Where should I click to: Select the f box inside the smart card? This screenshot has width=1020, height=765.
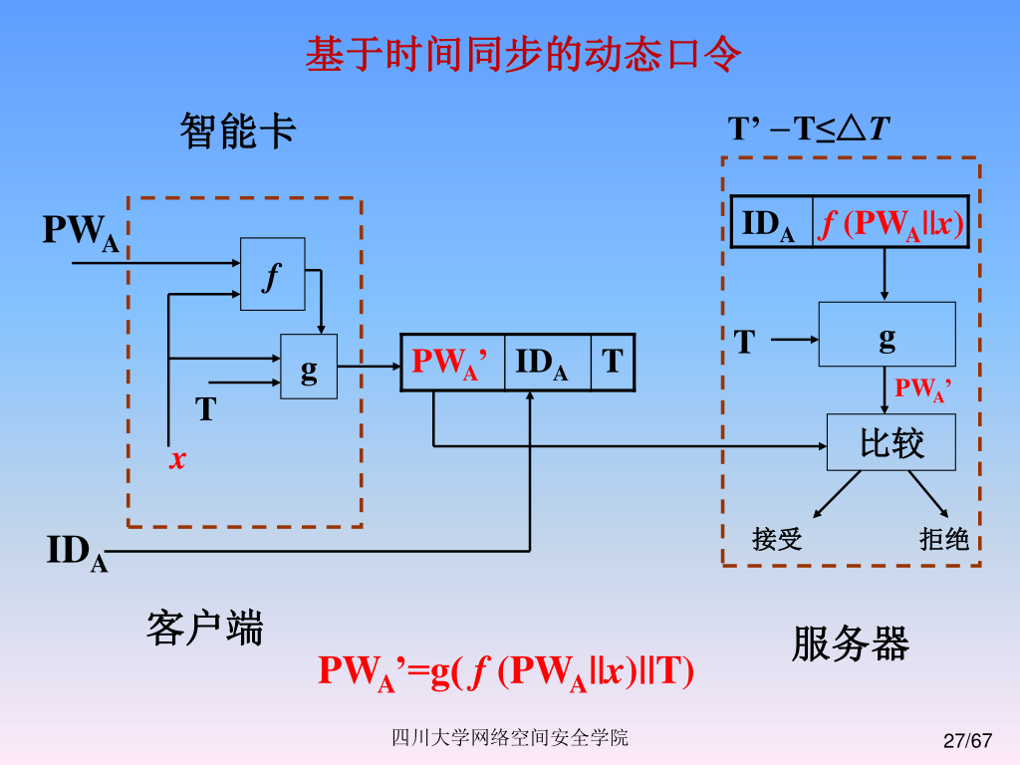pyautogui.click(x=273, y=274)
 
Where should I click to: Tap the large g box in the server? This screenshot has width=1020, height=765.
pyautogui.click(x=887, y=335)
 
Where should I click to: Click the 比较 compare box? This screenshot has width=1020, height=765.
pyautogui.click(x=891, y=442)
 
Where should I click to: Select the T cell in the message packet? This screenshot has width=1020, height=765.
pyautogui.click(x=613, y=362)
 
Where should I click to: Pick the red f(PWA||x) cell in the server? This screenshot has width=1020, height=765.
pyautogui.click(x=891, y=222)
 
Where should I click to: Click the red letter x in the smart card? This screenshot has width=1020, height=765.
pyautogui.click(x=177, y=459)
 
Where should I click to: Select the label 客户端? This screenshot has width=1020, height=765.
pyautogui.click(x=204, y=629)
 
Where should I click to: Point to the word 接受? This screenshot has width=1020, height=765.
pyautogui.click(x=777, y=540)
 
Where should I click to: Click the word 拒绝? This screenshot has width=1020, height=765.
pyautogui.click(x=943, y=540)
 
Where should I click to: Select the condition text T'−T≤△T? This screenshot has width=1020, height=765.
pyautogui.click(x=809, y=129)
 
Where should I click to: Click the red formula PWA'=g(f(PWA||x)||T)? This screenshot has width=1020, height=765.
pyautogui.click(x=506, y=671)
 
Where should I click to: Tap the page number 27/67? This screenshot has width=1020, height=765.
pyautogui.click(x=968, y=740)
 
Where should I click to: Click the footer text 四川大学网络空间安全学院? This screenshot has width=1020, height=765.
pyautogui.click(x=509, y=738)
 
